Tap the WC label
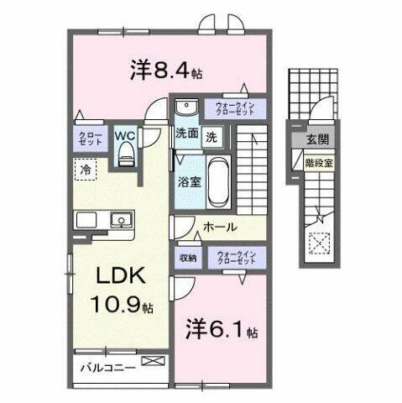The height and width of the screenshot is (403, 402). tap(125, 133)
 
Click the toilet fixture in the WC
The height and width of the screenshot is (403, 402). tap(127, 150)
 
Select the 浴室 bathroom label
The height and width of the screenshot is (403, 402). tap(186, 180)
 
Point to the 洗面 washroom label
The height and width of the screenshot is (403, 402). tap(186, 133)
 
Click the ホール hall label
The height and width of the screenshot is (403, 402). tap(220, 227)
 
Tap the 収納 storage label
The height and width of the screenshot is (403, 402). tap(186, 259)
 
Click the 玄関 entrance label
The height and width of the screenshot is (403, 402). tap(318, 139)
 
